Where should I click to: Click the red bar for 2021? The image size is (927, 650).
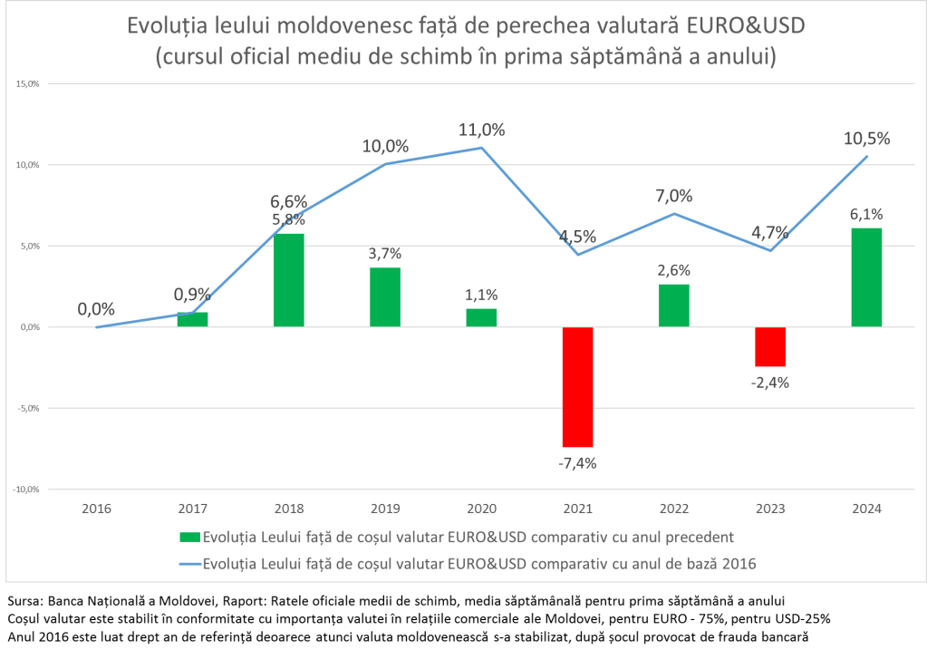coord(577,386)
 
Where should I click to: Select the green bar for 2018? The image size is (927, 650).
coord(289,280)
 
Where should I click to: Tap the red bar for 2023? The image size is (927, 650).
coord(770,346)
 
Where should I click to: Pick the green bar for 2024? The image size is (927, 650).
coord(866,277)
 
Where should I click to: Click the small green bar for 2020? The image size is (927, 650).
coord(481,317)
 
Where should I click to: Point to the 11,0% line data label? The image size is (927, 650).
coord(482,130)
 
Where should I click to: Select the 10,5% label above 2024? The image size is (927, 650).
coord(867,139)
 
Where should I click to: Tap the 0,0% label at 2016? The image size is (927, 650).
coord(96,309)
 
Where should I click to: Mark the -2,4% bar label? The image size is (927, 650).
coord(770,383)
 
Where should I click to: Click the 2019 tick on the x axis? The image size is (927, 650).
coord(385,509)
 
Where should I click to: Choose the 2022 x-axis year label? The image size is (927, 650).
coord(673,509)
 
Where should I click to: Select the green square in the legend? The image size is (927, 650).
coord(188,536)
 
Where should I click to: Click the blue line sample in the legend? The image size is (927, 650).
coord(188,563)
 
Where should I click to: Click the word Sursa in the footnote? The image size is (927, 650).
coord(24,601)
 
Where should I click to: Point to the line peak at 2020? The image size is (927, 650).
coord(481,148)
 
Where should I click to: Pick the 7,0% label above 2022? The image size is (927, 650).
coord(673,196)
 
